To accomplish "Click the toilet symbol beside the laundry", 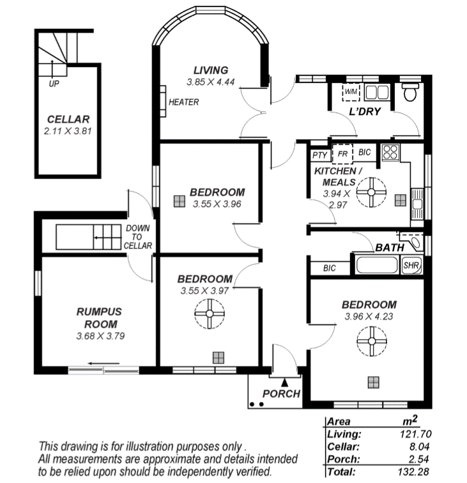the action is [410, 91].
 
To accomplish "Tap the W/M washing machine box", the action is [351, 91].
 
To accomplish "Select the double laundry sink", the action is [376, 92].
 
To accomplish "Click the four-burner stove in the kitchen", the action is [390, 153].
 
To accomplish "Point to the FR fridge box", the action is [342, 153].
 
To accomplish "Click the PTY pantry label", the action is [319, 155].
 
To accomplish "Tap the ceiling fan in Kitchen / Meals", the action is [371, 192].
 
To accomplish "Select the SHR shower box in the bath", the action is [411, 265].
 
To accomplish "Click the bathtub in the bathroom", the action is [376, 265].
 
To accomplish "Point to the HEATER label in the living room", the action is [183, 102].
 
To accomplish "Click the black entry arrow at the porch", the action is [285, 383].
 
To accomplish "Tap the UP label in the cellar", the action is [54, 83].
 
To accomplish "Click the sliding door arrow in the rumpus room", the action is [103, 364].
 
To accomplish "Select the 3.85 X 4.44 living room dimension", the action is [211, 82].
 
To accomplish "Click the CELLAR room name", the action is [68, 119].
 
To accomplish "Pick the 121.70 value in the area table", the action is [415, 434].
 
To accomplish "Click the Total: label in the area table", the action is [341, 471].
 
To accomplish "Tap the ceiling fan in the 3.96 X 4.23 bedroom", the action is [372, 341].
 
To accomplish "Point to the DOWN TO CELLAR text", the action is [138, 237].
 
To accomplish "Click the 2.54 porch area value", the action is [418, 459].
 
